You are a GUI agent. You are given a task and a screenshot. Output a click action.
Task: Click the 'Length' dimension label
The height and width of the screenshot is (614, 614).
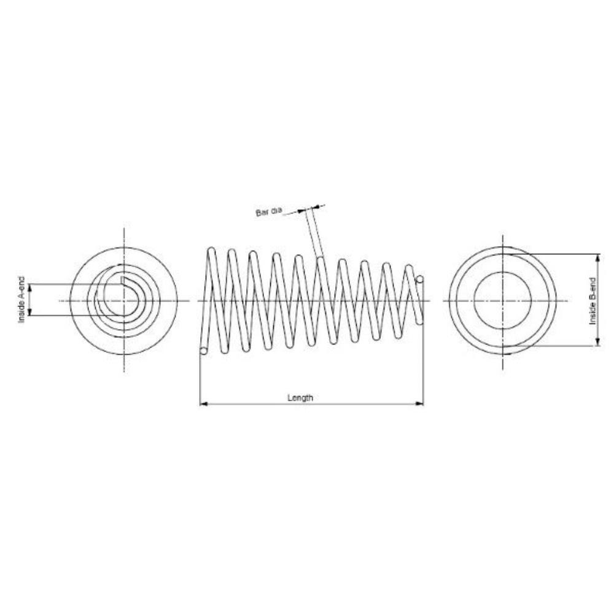300,398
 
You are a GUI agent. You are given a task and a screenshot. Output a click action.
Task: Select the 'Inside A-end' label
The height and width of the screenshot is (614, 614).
22,300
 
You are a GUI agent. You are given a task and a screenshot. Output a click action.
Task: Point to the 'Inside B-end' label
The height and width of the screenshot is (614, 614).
593,301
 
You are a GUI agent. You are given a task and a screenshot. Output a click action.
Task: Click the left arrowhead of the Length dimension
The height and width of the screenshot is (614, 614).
203,403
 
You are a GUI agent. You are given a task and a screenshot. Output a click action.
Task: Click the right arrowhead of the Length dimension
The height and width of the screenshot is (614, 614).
420,403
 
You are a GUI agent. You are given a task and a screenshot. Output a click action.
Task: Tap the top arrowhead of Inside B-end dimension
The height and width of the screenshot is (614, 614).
597,258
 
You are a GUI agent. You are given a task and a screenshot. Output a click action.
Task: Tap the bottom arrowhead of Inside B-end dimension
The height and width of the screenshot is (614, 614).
597,342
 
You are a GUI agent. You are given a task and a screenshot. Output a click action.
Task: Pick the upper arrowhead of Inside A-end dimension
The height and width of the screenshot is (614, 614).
30,288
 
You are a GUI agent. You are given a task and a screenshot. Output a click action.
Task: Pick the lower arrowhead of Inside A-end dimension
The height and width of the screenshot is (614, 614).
30,311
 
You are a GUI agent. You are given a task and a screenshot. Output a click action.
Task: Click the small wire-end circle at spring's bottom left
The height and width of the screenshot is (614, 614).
203,351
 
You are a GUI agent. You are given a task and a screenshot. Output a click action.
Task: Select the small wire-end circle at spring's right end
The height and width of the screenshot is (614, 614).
420,279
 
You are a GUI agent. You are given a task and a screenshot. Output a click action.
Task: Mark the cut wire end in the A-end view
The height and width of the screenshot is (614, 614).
123,281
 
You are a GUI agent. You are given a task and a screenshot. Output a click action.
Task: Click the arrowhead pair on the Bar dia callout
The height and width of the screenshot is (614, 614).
311,208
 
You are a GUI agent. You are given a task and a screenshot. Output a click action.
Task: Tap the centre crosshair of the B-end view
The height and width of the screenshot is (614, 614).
503,301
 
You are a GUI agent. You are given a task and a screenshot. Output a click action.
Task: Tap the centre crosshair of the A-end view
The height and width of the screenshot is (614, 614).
124,301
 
